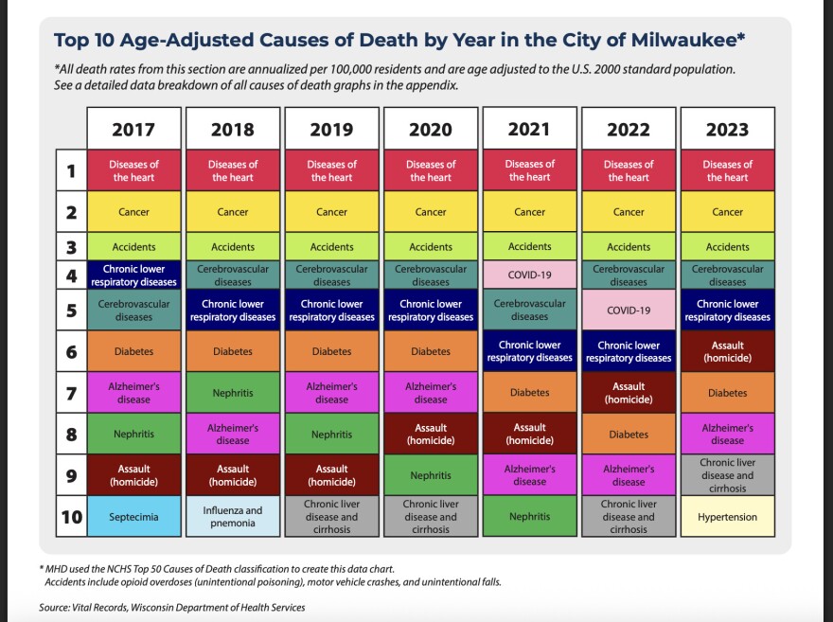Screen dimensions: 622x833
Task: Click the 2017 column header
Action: (133, 129)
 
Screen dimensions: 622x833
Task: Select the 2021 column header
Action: (529, 128)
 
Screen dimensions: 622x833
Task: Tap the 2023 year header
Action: (727, 129)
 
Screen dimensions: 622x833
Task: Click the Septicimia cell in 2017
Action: (133, 517)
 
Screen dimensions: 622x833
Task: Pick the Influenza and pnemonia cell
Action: (233, 517)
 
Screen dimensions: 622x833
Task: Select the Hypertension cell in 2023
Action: (727, 517)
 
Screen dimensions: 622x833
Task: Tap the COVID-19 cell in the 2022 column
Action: (629, 310)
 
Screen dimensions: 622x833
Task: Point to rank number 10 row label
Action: (71, 517)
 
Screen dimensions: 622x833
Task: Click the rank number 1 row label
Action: (71, 170)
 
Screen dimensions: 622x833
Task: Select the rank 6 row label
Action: (71, 351)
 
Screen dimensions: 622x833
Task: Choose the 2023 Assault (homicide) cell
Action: (727, 351)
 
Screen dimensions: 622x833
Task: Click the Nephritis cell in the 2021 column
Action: (529, 517)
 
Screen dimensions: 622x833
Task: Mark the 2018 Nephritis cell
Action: (233, 393)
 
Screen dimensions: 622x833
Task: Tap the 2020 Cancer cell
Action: (431, 212)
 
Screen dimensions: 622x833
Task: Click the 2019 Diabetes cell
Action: (331, 351)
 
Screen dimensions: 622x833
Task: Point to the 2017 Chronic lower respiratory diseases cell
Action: (133, 275)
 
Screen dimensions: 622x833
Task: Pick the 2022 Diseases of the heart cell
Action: (629, 170)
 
